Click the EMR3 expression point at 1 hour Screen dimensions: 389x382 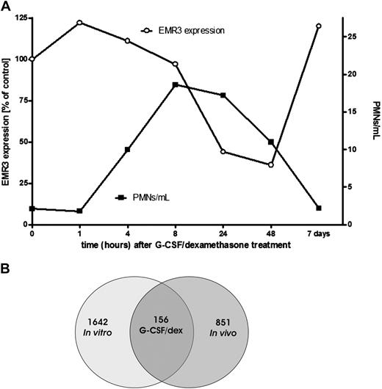pyautogui.click(x=79, y=22)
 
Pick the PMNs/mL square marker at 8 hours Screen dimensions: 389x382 pyautogui.click(x=175, y=85)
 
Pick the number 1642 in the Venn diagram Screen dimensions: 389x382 pyautogui.click(x=96, y=320)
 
